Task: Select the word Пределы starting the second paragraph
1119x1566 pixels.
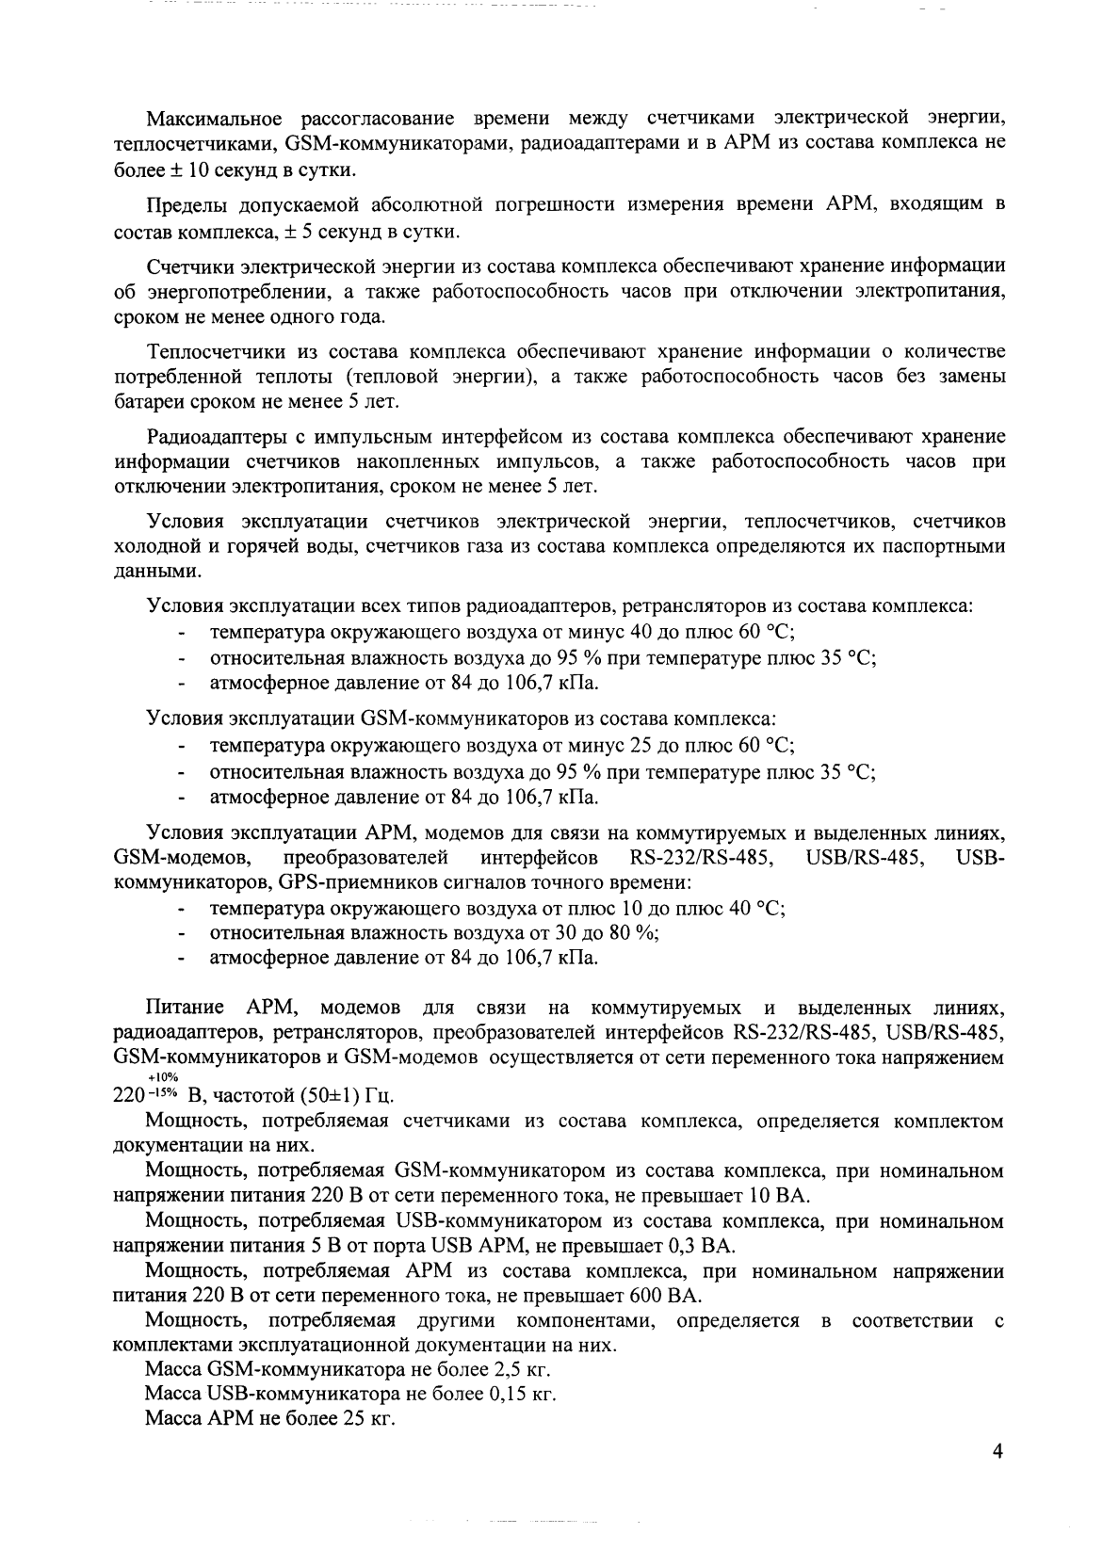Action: click(183, 205)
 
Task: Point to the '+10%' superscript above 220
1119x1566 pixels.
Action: click(162, 1076)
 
